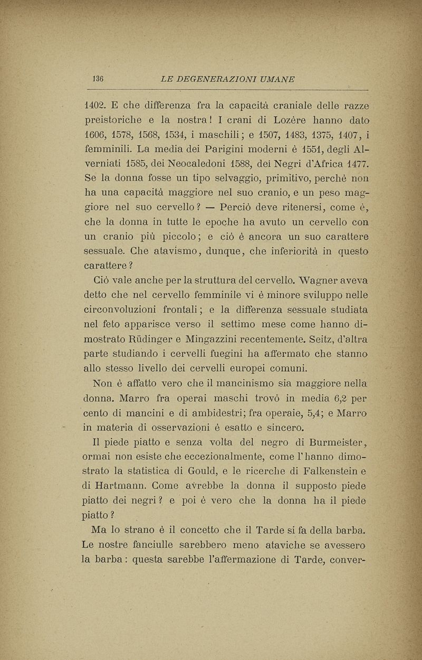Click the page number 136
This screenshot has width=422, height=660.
97,79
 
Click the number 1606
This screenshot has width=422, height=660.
97,131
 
